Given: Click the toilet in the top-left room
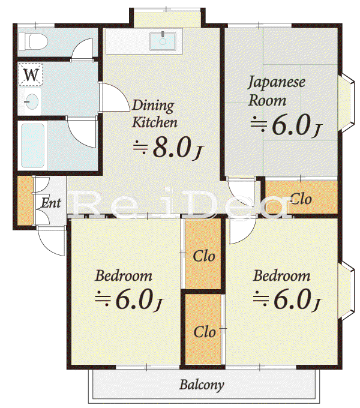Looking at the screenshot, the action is [33, 41].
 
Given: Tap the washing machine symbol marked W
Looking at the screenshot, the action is [31, 74].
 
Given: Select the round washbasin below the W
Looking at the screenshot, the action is [31, 101].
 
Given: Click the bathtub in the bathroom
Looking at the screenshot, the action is [32, 146].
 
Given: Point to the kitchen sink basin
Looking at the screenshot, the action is [163, 41].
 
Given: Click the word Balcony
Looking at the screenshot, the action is [202, 385].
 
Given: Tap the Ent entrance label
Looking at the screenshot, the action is [51, 203].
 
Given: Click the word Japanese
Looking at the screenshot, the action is [276, 82].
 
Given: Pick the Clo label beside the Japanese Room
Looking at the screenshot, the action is [301, 199].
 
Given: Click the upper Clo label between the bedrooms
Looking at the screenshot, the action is [204, 256].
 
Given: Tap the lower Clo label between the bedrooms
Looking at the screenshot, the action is [205, 332].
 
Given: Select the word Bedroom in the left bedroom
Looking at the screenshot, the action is [124, 276].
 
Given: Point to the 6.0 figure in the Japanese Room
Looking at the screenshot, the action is [292, 125].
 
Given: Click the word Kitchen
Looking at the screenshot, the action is [155, 122].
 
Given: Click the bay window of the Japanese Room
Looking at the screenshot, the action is [346, 104].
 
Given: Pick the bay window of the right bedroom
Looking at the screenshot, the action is [346, 290].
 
